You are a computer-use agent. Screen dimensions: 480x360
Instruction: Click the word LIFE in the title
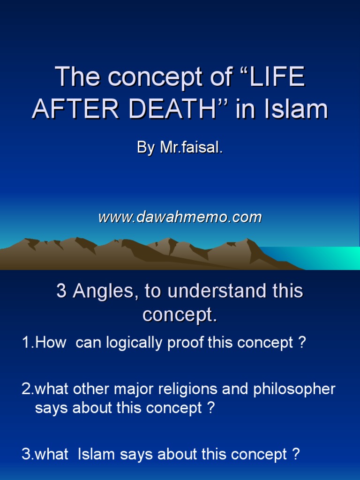pos(277,77)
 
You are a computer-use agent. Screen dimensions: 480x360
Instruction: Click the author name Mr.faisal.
pos(191,149)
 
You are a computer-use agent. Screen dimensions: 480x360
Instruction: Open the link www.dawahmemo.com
pos(180,217)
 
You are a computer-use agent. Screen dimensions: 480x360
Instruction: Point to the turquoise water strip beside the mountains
pos(319,257)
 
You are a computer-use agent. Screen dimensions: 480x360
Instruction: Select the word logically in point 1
pos(134,343)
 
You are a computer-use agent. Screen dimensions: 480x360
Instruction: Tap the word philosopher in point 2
pos(294,390)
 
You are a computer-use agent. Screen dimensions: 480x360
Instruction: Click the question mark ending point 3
pos(296,454)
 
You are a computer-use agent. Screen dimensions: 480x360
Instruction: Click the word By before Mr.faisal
pos(146,149)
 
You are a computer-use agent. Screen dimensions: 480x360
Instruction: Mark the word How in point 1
pos(51,343)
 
